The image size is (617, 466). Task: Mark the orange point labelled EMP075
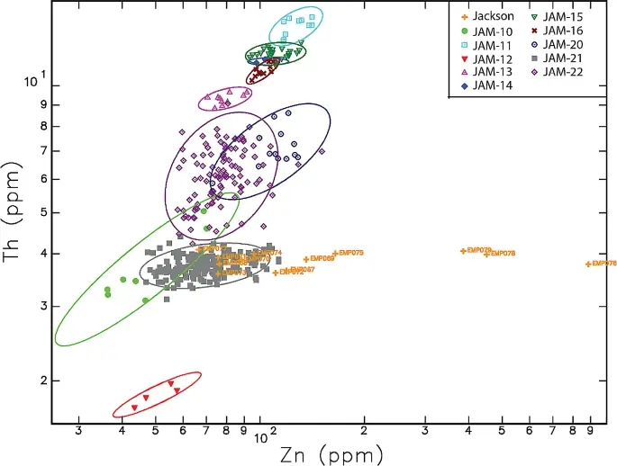click(335, 254)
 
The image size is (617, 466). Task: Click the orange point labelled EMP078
click(486, 254)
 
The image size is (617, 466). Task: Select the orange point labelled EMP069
click(306, 259)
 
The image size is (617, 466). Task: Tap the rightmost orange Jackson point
click(588, 264)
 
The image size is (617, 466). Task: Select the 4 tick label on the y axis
click(42, 254)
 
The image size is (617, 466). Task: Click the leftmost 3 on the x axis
click(79, 432)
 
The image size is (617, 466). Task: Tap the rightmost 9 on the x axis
click(591, 432)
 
